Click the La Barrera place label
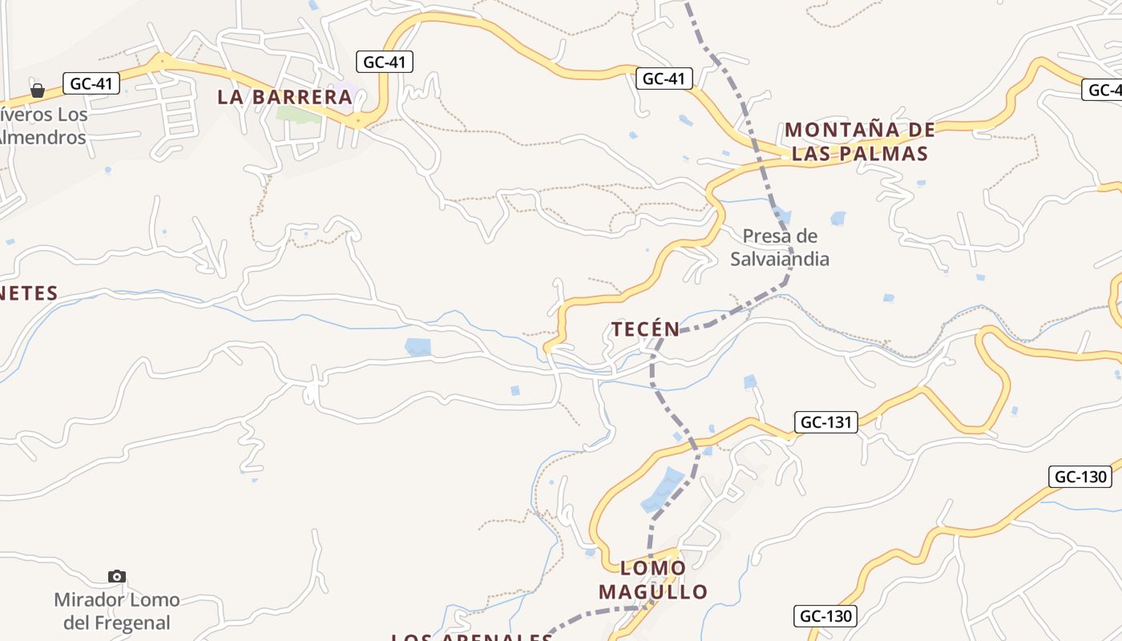[x=285, y=97]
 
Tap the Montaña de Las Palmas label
[x=859, y=141]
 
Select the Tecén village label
[x=645, y=329]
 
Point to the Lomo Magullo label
[x=653, y=580]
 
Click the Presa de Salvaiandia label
[x=779, y=247]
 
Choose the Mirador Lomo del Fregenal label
[x=116, y=611]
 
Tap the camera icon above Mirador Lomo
[x=117, y=576]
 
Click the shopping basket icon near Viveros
[x=38, y=91]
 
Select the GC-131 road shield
[x=826, y=422]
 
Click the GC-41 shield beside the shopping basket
[x=91, y=83]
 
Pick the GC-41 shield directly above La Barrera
[x=385, y=62]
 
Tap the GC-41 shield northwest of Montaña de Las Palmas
[x=664, y=78]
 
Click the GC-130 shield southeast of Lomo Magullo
[x=825, y=616]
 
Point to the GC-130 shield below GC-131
[x=1080, y=477]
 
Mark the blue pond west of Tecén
[x=418, y=347]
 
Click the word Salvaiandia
[x=779, y=259]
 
